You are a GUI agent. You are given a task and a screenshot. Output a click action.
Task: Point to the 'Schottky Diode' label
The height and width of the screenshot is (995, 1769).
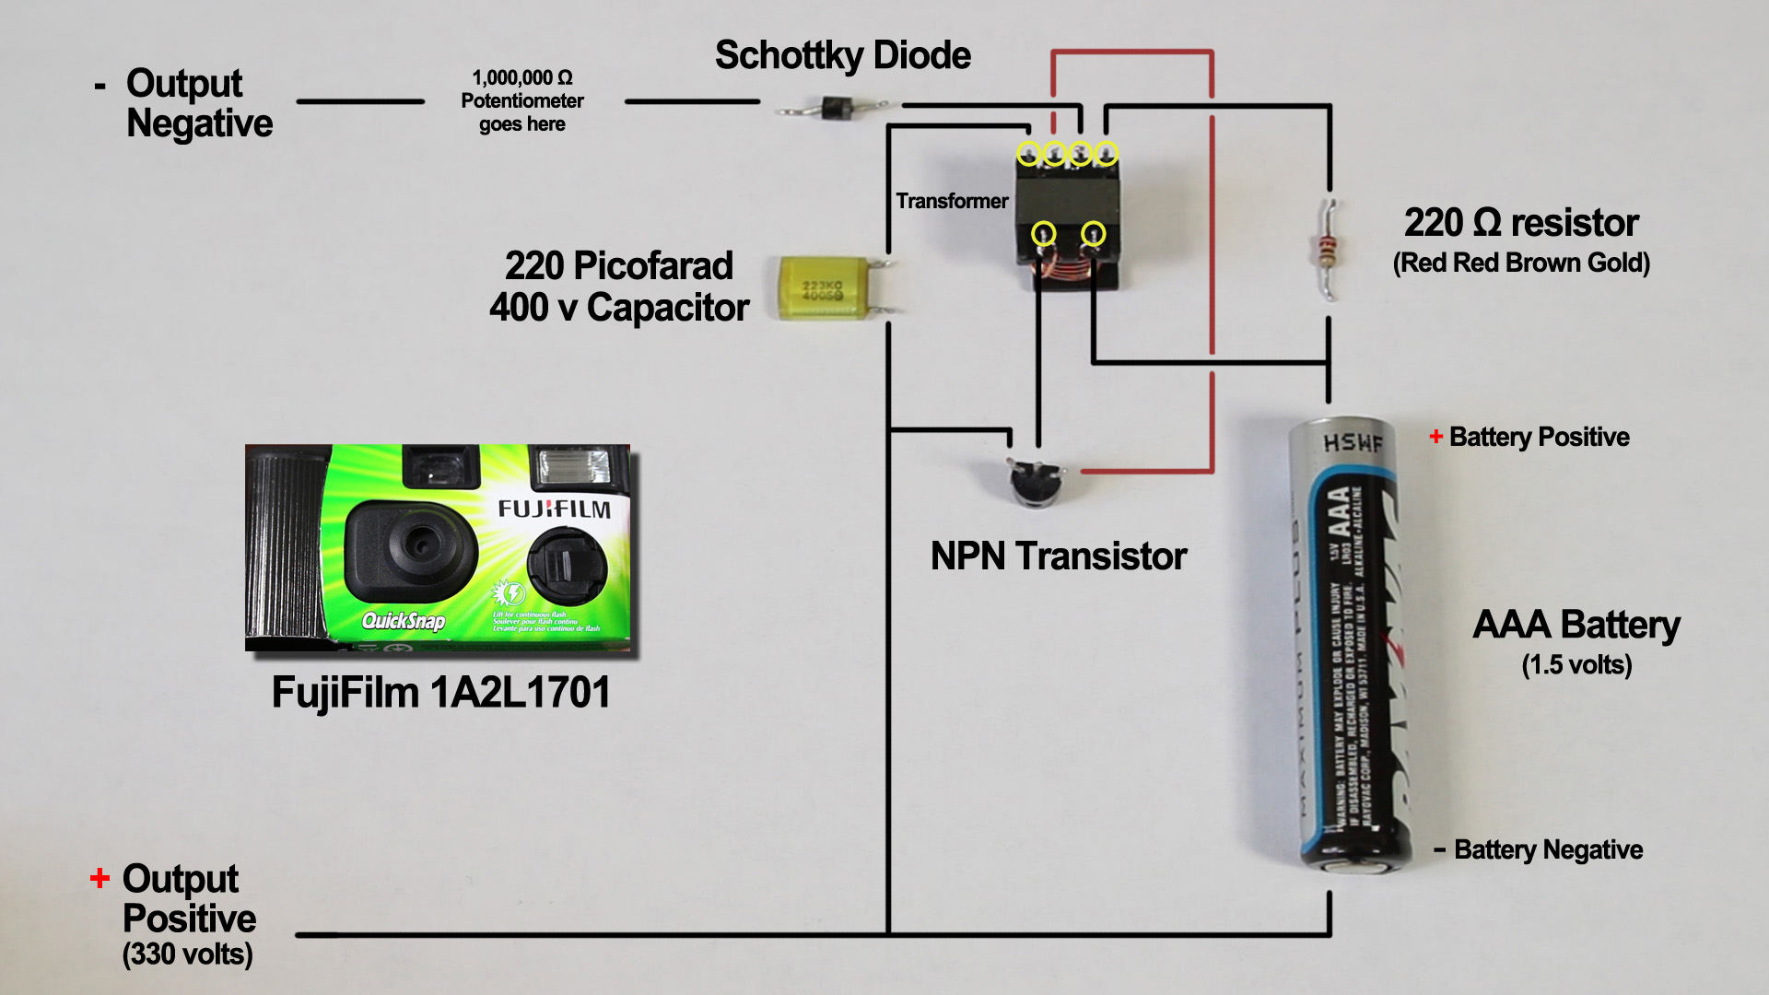tap(842, 55)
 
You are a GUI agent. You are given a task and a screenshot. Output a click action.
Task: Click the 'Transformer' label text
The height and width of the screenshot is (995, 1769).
tap(952, 201)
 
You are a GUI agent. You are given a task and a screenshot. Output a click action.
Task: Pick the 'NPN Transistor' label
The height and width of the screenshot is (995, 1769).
tap(1058, 556)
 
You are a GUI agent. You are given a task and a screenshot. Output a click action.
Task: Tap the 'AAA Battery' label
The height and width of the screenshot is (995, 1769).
tap(1576, 625)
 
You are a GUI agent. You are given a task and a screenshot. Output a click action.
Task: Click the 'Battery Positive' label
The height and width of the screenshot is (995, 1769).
tap(1539, 437)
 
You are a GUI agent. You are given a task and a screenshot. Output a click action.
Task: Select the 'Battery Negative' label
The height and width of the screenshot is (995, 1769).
tap(1548, 849)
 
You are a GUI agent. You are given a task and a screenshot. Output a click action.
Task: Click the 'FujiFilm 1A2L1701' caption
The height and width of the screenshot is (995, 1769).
tap(440, 693)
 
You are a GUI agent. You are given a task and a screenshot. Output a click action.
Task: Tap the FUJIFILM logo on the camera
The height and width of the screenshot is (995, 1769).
tap(554, 509)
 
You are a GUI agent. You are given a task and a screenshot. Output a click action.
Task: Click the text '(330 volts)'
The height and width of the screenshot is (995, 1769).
tap(187, 954)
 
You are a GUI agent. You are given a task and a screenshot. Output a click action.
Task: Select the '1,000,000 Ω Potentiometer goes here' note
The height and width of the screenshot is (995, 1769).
tap(522, 100)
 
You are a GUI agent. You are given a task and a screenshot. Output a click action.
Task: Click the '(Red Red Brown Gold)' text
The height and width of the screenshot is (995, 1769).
tap(1521, 263)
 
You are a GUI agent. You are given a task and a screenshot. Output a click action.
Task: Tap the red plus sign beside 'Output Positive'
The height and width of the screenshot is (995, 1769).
tap(100, 878)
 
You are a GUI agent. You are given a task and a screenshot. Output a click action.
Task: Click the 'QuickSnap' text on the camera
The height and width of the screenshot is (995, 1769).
tap(404, 621)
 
